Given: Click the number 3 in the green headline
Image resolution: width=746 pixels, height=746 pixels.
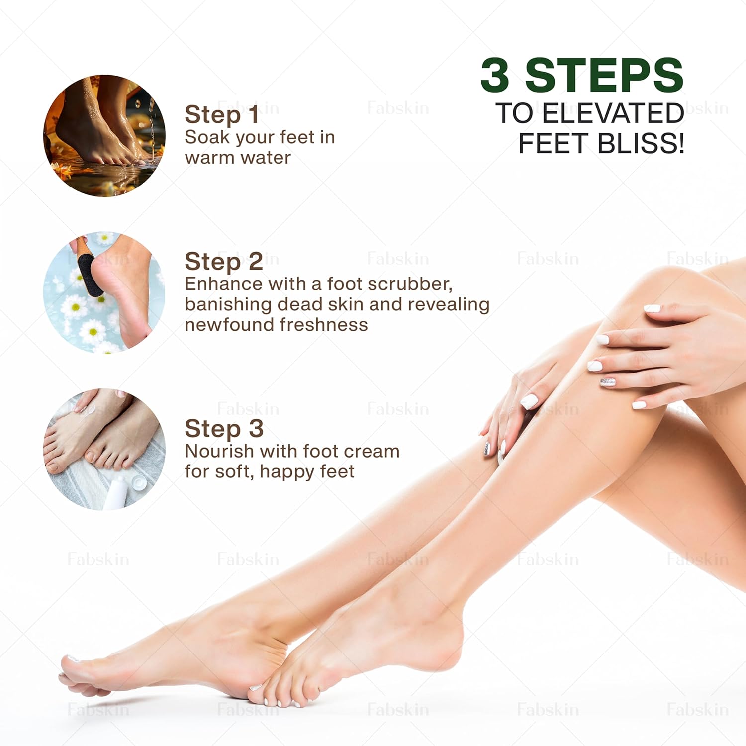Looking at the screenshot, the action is [495, 75].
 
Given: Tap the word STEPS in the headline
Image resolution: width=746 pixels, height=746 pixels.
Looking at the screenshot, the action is [604, 75].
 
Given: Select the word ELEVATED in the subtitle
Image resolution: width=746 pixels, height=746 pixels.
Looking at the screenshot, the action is [613, 113].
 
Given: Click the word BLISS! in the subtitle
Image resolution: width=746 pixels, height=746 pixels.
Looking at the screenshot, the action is [641, 143].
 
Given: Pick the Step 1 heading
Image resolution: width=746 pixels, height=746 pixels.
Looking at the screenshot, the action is [222, 115].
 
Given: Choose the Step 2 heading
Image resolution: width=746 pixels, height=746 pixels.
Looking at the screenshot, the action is [224, 262].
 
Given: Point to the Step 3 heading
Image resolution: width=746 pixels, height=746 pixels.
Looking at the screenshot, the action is [224, 429].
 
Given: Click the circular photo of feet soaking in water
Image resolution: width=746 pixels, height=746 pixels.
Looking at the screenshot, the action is [104, 136].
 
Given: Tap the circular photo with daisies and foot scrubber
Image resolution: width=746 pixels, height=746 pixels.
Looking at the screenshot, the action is [104, 292].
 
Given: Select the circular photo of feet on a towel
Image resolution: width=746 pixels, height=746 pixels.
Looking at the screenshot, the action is [104, 449].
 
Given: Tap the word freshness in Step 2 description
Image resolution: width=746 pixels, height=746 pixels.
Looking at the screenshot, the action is [324, 325].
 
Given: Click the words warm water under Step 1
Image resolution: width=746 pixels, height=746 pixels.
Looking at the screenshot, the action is [238, 158].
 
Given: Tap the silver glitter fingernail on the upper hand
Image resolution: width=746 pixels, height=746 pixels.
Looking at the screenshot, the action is [608, 382].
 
